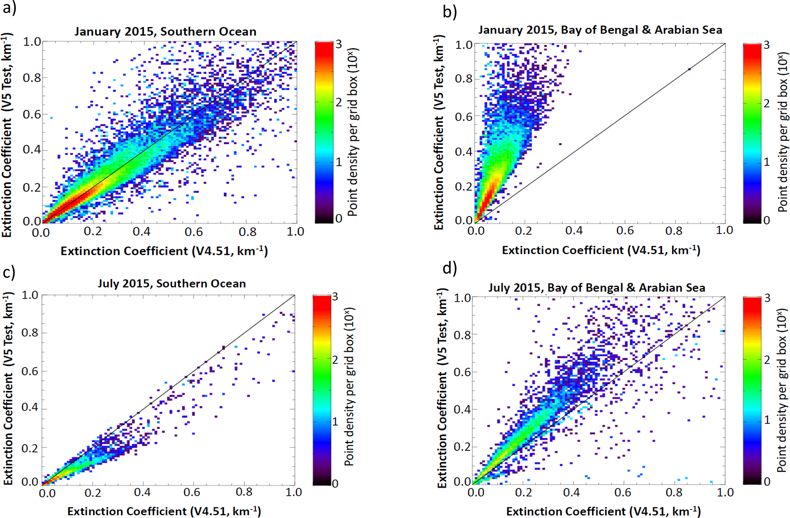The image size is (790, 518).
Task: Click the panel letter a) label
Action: [9, 8]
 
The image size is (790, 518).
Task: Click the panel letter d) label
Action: [449, 269]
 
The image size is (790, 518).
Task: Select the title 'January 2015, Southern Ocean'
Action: [165, 31]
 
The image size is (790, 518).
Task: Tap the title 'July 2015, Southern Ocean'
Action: [172, 283]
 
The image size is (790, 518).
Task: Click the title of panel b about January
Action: [600, 30]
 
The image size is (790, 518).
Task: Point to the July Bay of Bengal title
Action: [596, 288]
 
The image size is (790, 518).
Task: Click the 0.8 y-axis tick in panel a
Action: [32, 78]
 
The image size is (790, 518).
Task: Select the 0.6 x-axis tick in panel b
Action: [625, 231]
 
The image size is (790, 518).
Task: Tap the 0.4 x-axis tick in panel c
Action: [142, 492]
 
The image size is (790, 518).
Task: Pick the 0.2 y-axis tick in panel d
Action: [462, 447]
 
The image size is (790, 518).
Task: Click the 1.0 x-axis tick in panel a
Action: [295, 231]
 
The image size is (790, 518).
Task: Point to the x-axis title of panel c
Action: [164, 512]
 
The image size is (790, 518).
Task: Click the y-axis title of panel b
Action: [440, 132]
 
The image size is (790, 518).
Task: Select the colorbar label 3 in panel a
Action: [339, 44]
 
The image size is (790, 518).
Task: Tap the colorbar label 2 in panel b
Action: [767, 104]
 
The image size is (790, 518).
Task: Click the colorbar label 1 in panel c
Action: [335, 422]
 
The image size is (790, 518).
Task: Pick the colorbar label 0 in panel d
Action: [767, 482]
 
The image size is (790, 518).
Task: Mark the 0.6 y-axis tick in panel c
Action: [30, 371]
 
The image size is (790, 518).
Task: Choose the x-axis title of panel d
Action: [603, 512]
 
